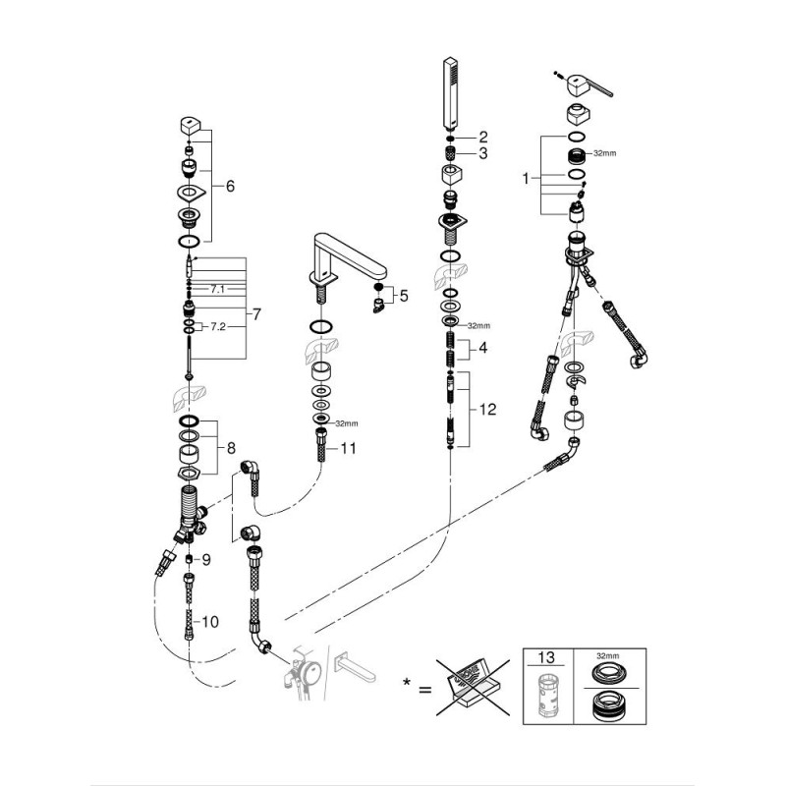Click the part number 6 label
pos(230,184)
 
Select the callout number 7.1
pos(217,289)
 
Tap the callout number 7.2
pos(217,325)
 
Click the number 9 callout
pos(206,559)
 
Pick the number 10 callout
pos(209,621)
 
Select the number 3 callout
pos(482,153)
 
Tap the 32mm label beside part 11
pos(346,424)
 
